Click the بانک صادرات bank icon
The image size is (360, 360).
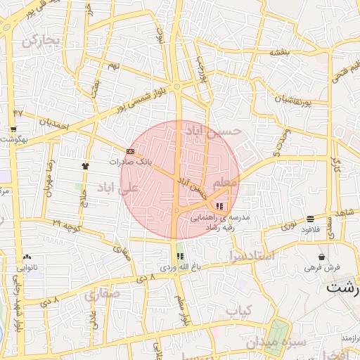(x=130, y=150)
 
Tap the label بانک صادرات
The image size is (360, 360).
(x=130, y=162)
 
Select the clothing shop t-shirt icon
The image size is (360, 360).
(x=86, y=166)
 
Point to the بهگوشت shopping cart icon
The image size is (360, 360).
(x=13, y=129)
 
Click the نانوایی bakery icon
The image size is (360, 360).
(x=27, y=257)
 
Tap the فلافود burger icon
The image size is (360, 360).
(x=310, y=219)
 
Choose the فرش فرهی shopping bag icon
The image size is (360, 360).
(x=321, y=257)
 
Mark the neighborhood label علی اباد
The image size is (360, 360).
(x=117, y=188)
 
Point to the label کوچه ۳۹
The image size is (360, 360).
(x=67, y=224)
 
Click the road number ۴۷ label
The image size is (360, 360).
(x=18, y=112)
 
